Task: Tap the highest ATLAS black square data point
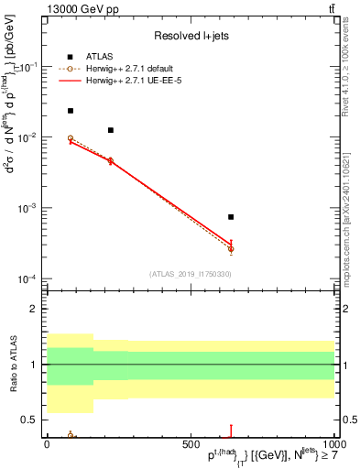coord(71,111)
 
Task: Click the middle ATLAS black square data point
coord(111,130)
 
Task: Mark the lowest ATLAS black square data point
coord(231,217)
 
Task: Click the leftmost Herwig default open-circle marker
coord(71,138)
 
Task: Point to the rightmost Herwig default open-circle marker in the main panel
coord(231,248)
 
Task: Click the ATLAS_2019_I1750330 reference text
coord(191,273)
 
